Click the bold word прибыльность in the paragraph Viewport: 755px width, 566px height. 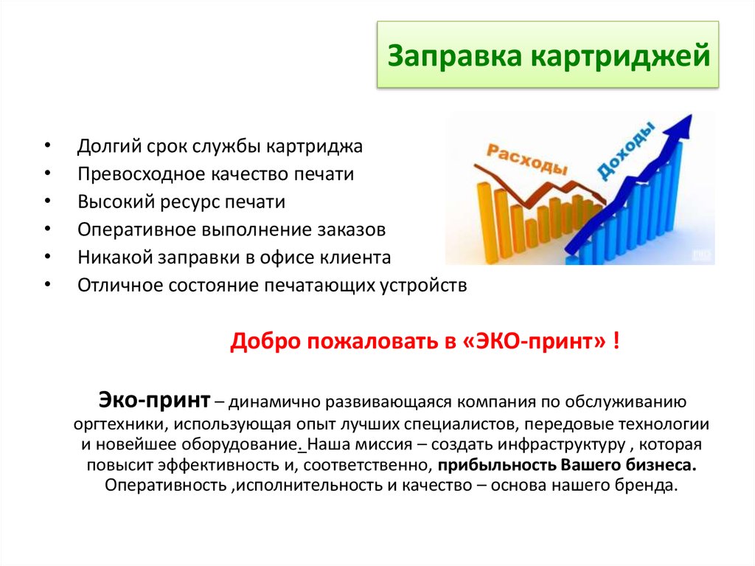(x=497, y=466)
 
